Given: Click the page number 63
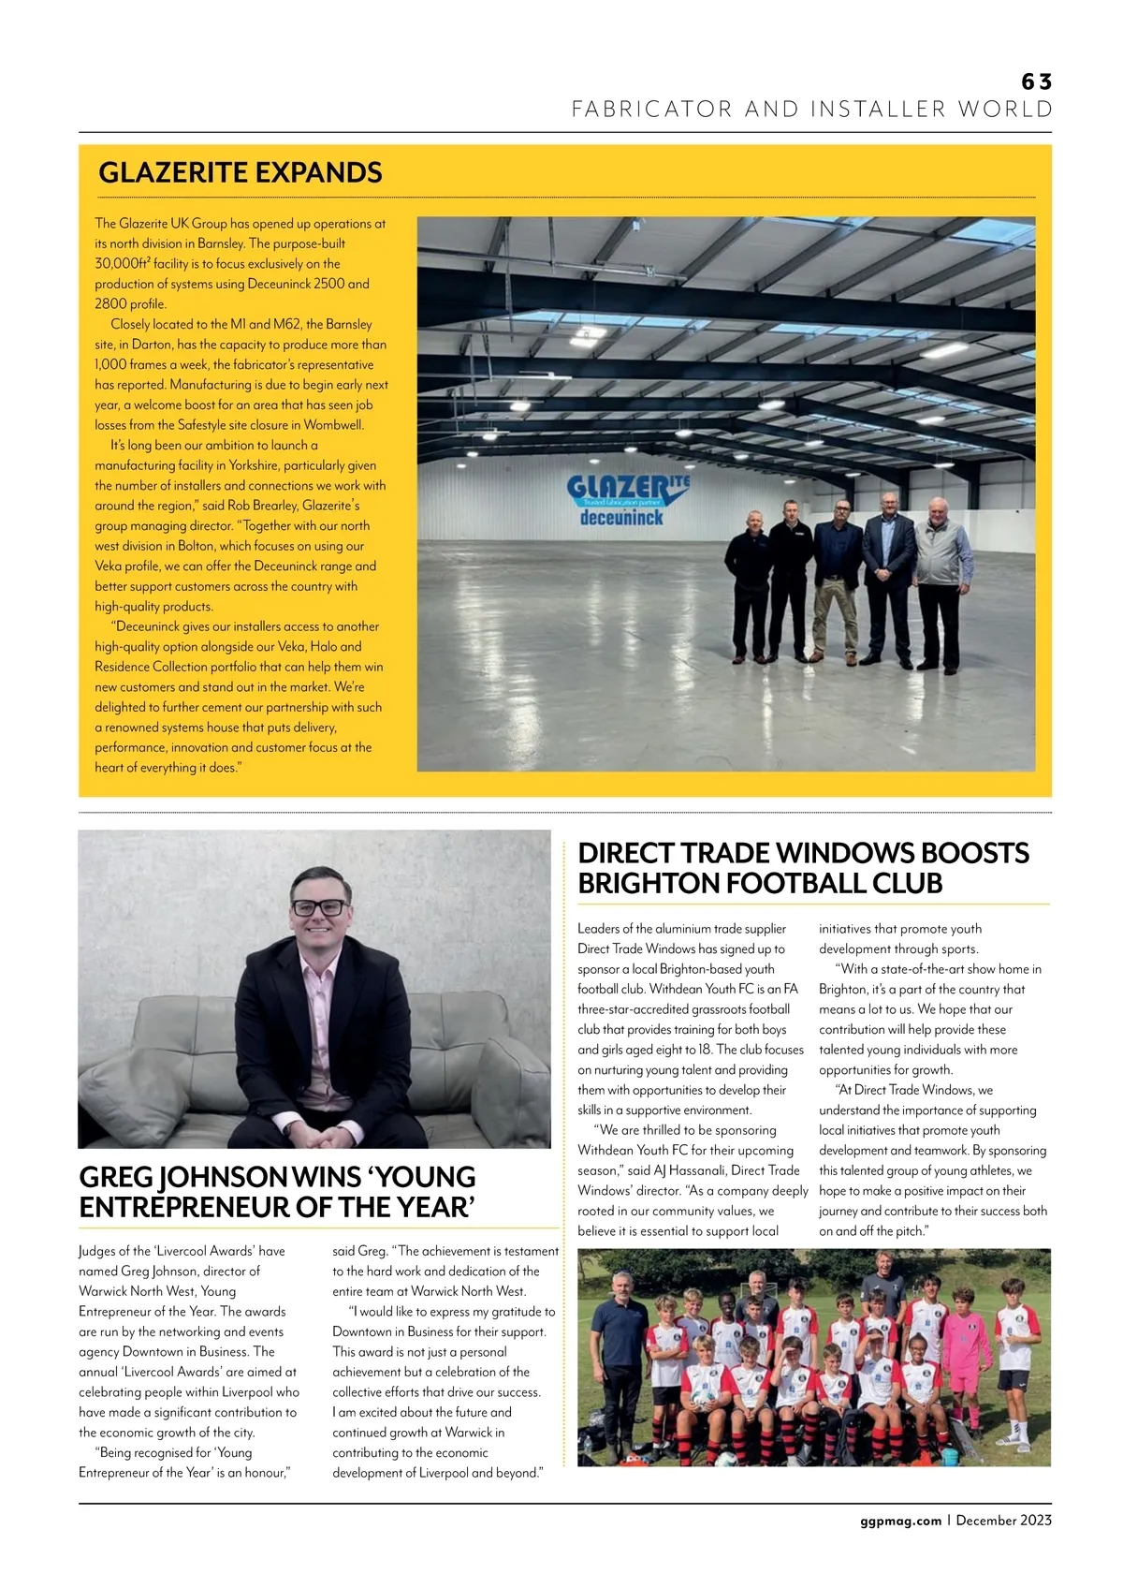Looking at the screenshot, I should (1036, 82).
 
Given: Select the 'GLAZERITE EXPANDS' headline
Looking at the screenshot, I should (241, 173).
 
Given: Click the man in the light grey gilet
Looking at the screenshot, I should (939, 571).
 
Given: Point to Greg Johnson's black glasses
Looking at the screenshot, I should (318, 907).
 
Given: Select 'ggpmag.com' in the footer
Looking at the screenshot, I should (900, 1521).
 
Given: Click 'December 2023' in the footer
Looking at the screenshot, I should (1003, 1521).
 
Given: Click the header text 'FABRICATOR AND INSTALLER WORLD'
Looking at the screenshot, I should (811, 110).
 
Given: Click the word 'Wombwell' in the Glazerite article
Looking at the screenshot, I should (333, 425).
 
